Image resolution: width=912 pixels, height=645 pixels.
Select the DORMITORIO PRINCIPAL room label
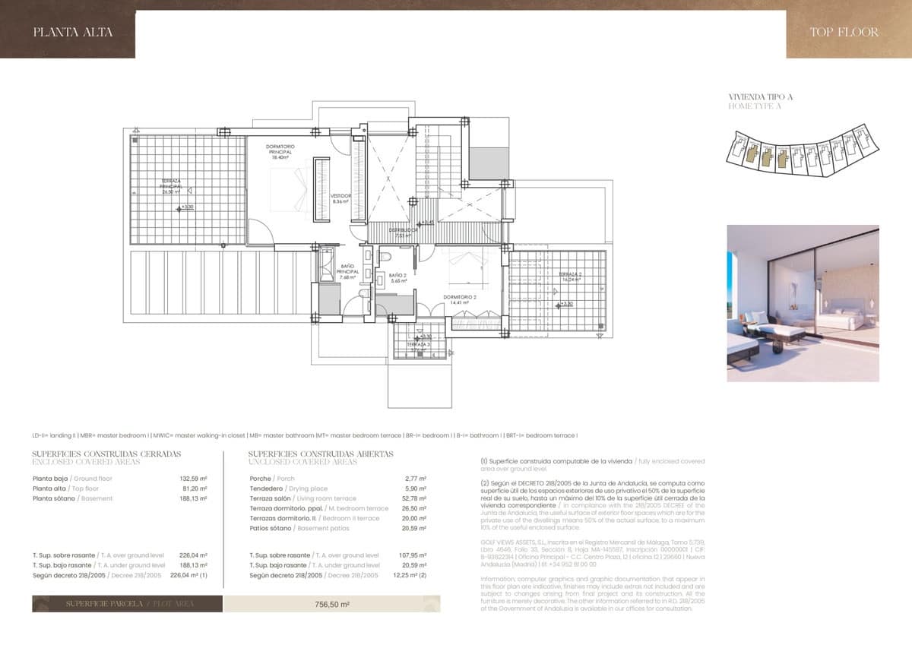[x=280, y=151]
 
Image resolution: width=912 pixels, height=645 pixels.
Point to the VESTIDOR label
[x=340, y=198]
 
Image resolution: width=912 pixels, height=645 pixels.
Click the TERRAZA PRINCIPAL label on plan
[x=171, y=186]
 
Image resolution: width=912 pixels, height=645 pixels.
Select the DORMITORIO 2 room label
[x=459, y=299]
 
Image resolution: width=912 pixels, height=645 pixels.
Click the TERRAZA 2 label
[x=571, y=277]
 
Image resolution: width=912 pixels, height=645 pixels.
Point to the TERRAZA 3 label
[x=418, y=344]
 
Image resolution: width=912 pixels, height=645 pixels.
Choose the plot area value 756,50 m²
[x=332, y=604]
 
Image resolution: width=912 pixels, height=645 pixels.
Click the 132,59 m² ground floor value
[x=194, y=479]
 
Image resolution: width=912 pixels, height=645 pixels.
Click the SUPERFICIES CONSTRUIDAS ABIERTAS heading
[x=321, y=454]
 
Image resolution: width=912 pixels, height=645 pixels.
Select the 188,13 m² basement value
[x=194, y=498]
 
